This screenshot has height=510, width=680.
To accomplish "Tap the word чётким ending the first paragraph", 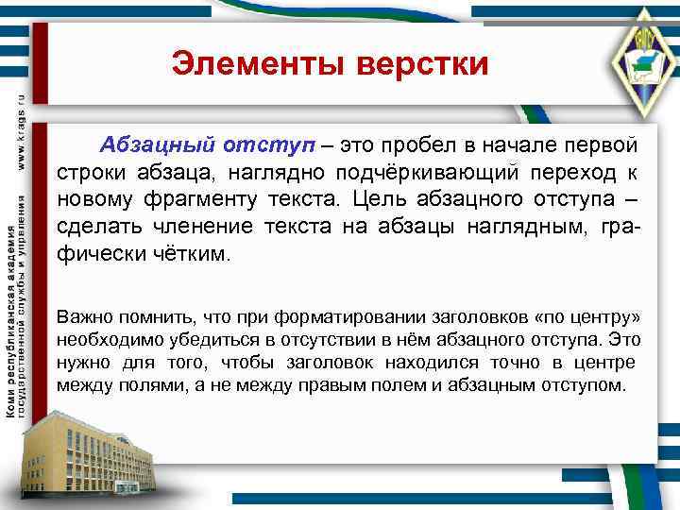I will (196, 254).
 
